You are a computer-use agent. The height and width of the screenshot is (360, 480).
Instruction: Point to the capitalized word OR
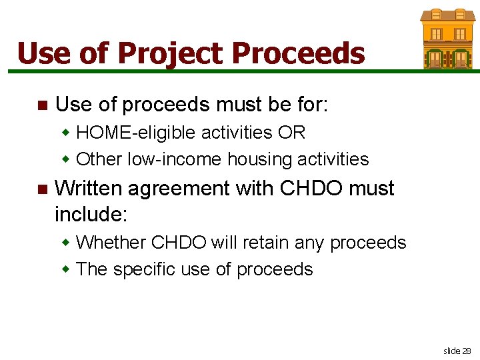(291, 132)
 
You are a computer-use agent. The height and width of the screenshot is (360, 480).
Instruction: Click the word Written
(88, 189)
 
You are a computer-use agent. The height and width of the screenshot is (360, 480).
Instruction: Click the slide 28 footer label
(457, 350)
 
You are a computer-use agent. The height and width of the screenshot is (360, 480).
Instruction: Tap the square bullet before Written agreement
(42, 190)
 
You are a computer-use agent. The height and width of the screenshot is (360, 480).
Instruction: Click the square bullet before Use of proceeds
(42, 105)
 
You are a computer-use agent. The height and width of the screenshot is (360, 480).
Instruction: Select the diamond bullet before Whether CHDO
(65, 242)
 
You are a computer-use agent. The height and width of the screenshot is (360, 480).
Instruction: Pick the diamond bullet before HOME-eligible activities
(65, 132)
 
